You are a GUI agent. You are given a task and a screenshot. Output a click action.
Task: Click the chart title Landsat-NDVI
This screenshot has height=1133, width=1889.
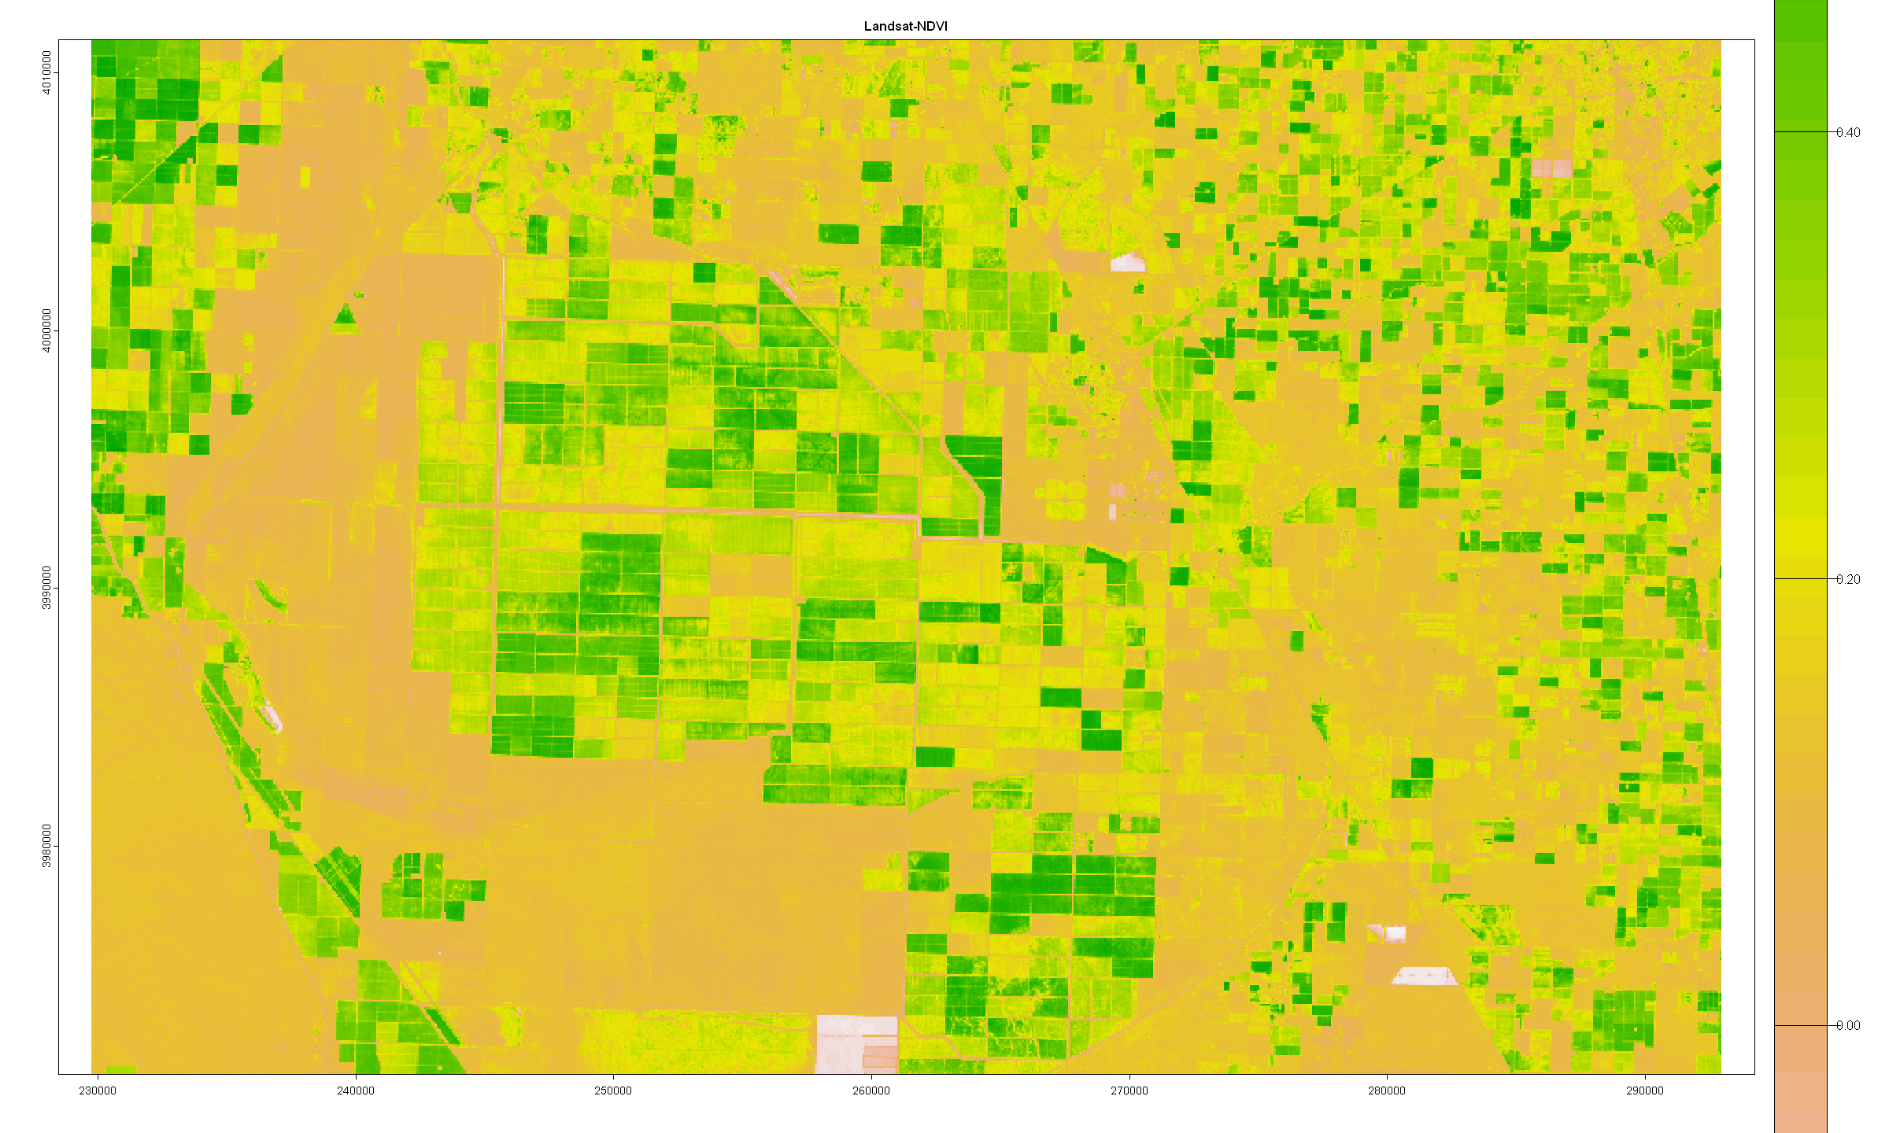click(905, 26)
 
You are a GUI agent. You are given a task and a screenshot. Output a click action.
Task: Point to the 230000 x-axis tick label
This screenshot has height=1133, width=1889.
click(98, 1091)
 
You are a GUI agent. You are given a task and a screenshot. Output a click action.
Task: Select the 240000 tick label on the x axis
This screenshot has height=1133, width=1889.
click(356, 1091)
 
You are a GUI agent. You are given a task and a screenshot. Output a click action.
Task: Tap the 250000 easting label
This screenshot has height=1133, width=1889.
click(613, 1091)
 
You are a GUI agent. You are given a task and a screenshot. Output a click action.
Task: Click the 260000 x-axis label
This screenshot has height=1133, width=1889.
click(871, 1091)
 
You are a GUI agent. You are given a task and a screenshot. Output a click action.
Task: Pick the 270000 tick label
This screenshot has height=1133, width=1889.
click(1129, 1091)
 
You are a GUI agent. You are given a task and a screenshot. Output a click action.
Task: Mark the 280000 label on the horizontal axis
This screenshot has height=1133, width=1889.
click(1387, 1091)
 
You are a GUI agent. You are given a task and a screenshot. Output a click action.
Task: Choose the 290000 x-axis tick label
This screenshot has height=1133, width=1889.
click(1644, 1091)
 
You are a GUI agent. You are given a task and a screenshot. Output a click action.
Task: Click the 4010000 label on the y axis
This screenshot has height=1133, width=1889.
click(46, 72)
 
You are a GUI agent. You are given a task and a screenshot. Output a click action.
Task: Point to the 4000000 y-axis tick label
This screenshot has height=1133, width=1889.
click(46, 330)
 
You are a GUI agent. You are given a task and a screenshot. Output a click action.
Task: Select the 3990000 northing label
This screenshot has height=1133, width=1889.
click(46, 588)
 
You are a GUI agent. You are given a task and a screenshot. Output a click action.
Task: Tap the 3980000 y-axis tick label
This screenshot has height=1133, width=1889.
click(46, 846)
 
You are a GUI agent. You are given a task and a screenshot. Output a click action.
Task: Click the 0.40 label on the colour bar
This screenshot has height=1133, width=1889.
click(1848, 132)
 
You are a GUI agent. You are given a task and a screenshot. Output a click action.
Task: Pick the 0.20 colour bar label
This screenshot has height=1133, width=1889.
click(1848, 579)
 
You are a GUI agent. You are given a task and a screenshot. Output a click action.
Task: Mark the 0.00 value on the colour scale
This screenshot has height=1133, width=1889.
click(1848, 1025)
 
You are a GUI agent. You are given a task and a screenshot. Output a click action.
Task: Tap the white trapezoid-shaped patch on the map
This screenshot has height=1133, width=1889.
click(1424, 976)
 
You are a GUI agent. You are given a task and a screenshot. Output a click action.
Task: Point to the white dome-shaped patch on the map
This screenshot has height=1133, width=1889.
click(1128, 262)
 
